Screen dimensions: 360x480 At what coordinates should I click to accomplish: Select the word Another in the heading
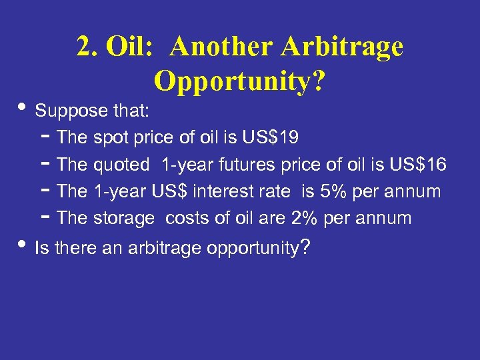click(x=222, y=47)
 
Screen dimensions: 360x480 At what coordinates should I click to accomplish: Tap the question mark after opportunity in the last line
click(x=304, y=248)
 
